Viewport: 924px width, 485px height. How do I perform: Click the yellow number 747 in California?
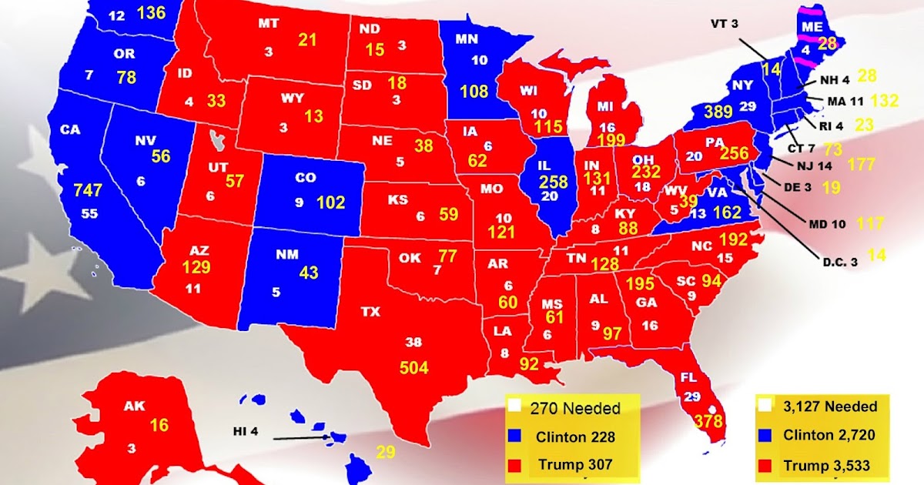(88, 190)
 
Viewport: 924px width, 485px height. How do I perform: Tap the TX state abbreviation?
(371, 312)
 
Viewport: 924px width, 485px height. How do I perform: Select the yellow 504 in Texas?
(413, 367)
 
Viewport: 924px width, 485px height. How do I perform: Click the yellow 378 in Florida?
(708, 421)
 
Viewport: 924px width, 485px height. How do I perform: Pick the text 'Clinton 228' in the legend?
(575, 437)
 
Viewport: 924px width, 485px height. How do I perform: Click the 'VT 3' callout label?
(724, 24)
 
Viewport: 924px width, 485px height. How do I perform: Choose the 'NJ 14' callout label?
(815, 163)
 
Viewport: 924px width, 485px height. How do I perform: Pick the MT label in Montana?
(268, 24)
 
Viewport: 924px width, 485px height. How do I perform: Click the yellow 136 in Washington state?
(150, 13)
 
